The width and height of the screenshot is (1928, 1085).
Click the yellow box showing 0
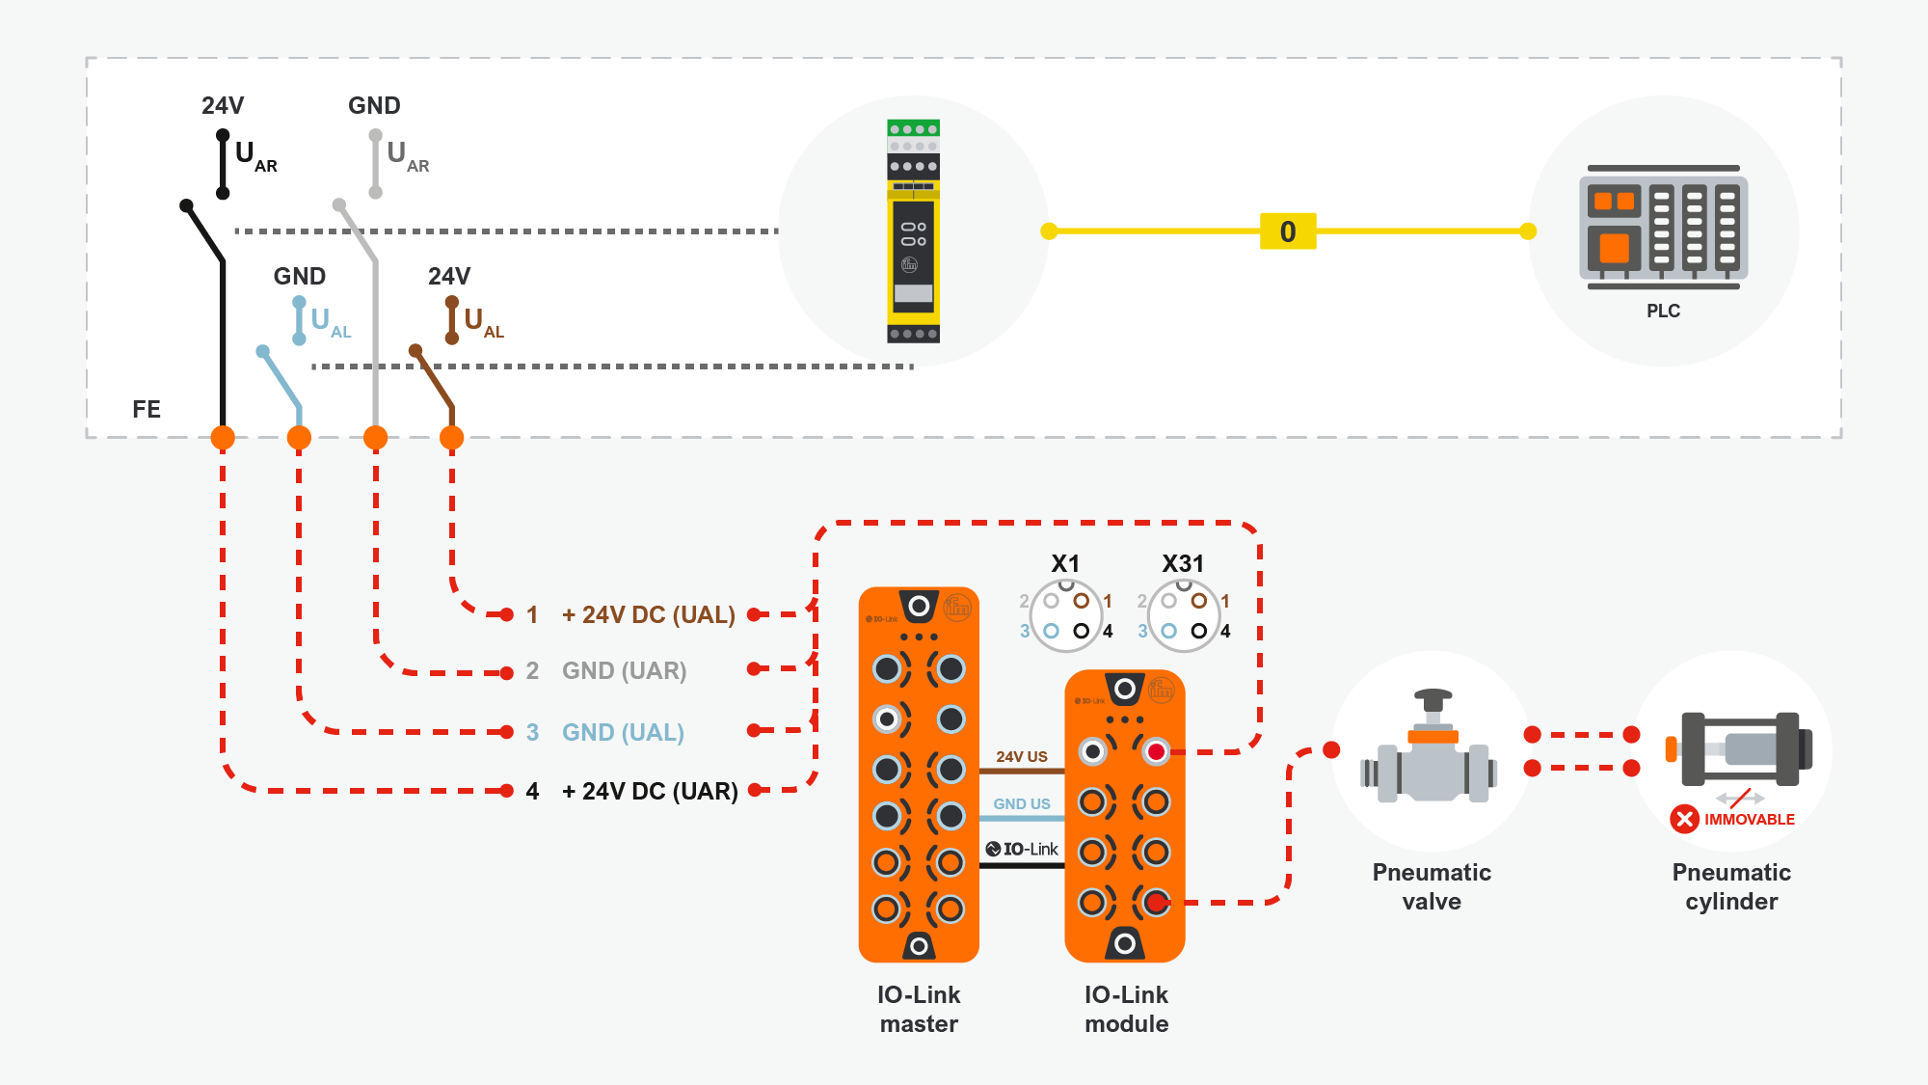(x=1288, y=231)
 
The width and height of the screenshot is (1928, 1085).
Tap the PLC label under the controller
(x=1663, y=311)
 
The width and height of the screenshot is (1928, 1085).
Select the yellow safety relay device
(x=913, y=231)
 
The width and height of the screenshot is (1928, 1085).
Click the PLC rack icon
(x=1663, y=228)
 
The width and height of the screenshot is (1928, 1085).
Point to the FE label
(x=147, y=409)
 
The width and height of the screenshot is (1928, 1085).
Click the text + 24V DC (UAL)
(x=648, y=614)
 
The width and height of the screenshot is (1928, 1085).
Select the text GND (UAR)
(x=624, y=670)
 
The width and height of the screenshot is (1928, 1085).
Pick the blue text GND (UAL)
(x=623, y=732)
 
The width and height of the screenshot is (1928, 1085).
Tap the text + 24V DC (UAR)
(x=650, y=791)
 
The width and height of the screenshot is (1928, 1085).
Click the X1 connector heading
(x=1065, y=563)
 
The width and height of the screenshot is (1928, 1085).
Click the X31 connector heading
(x=1183, y=563)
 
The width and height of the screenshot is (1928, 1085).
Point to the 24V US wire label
(x=1022, y=757)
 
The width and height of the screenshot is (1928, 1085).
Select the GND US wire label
(x=1022, y=803)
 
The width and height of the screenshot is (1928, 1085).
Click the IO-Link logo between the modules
(x=1022, y=849)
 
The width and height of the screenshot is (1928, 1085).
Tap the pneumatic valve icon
(x=1433, y=750)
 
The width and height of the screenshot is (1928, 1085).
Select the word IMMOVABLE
(x=1749, y=819)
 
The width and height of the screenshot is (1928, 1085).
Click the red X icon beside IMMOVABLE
(x=1684, y=819)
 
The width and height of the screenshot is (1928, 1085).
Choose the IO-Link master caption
(x=919, y=1009)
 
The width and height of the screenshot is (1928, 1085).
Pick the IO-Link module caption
(x=1126, y=1009)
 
